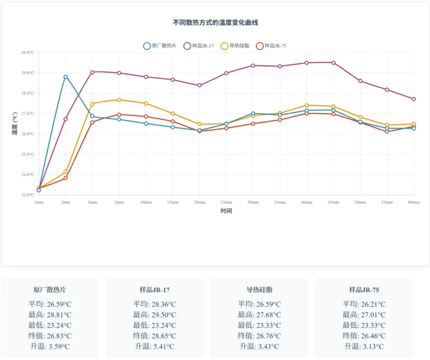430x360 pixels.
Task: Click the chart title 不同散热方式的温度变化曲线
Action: pos(216,23)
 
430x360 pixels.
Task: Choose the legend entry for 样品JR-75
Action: pos(275,46)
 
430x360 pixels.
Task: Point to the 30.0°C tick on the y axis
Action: pos(27,53)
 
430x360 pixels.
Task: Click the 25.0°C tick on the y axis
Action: pos(27,155)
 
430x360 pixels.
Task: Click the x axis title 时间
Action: pos(226,211)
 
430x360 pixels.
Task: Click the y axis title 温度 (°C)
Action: pos(15,124)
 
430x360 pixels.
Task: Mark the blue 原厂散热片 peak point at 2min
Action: pos(66,77)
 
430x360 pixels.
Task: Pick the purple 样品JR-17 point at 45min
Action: pos(334,63)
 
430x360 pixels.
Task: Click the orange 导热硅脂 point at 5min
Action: pos(119,100)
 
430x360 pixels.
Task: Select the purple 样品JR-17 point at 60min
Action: pos(414,99)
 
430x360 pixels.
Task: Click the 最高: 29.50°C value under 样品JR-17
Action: pos(155,315)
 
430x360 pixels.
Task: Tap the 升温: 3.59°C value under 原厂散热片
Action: pos(50,347)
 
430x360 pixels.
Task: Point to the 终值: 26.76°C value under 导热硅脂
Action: pos(259,336)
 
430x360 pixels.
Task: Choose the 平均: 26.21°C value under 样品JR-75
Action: pos(364,304)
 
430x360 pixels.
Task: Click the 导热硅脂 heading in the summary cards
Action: pos(259,290)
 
